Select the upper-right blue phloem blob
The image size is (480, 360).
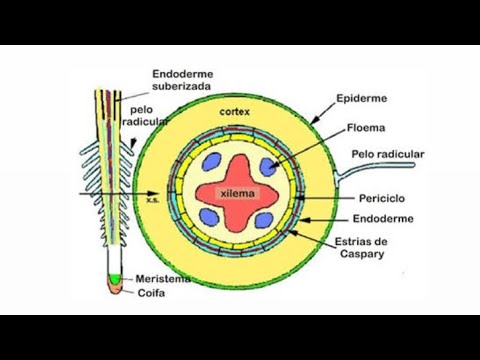click(x=267, y=168)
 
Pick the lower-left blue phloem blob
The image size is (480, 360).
click(x=208, y=216)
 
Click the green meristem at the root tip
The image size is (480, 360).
click(x=116, y=276)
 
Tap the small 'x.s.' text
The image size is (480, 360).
click(x=152, y=199)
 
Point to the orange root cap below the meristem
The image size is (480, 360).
click(x=117, y=289)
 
